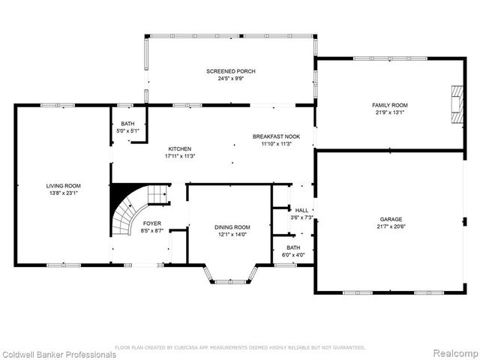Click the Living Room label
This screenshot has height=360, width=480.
coord(64,185)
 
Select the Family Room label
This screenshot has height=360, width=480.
coord(390,105)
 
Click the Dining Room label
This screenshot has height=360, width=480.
coord(232,227)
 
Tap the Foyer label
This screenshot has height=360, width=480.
coord(152,223)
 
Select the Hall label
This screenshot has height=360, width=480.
coord(301,211)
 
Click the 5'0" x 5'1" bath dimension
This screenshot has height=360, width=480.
coord(127,130)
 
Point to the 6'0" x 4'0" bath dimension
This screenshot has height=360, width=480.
coord(293,254)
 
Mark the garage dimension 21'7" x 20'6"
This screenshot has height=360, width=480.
coord(390,226)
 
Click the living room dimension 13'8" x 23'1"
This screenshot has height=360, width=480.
coord(64,193)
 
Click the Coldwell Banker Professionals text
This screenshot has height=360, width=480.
coord(58,354)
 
